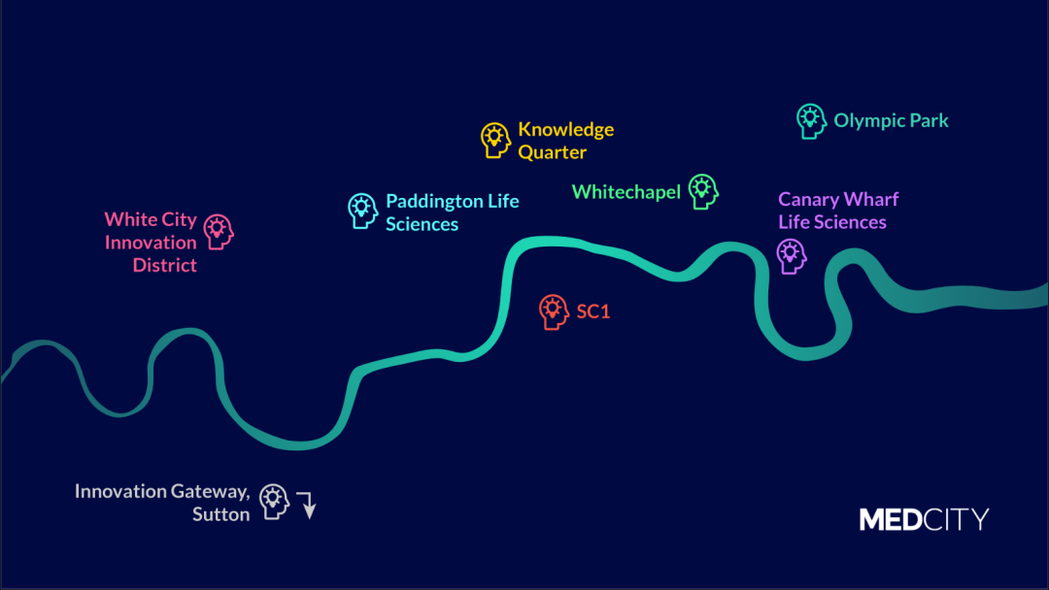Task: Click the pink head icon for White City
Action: click(x=219, y=232)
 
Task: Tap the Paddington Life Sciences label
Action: click(x=452, y=213)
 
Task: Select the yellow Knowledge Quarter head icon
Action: click(x=495, y=140)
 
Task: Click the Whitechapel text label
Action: click(x=626, y=192)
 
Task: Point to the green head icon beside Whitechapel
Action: click(x=702, y=191)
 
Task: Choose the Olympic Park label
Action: click(x=891, y=121)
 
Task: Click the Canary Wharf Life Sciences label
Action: click(x=837, y=211)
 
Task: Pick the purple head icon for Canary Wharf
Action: click(x=792, y=256)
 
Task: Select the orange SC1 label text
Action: click(x=592, y=312)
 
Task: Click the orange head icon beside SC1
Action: click(x=554, y=311)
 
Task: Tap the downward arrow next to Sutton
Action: click(x=307, y=505)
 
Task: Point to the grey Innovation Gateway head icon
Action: click(x=275, y=502)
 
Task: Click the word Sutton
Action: click(x=220, y=515)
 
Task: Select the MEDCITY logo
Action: click(x=923, y=519)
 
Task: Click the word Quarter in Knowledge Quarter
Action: click(x=552, y=152)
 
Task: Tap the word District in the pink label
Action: click(x=164, y=265)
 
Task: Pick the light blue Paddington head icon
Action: click(x=362, y=211)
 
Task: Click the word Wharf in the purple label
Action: click(x=871, y=200)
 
